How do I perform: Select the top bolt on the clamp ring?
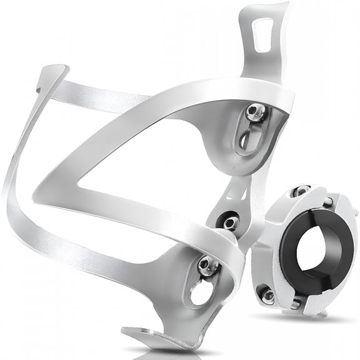tap(302, 191)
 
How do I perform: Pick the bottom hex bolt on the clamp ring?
tap(267, 294)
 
